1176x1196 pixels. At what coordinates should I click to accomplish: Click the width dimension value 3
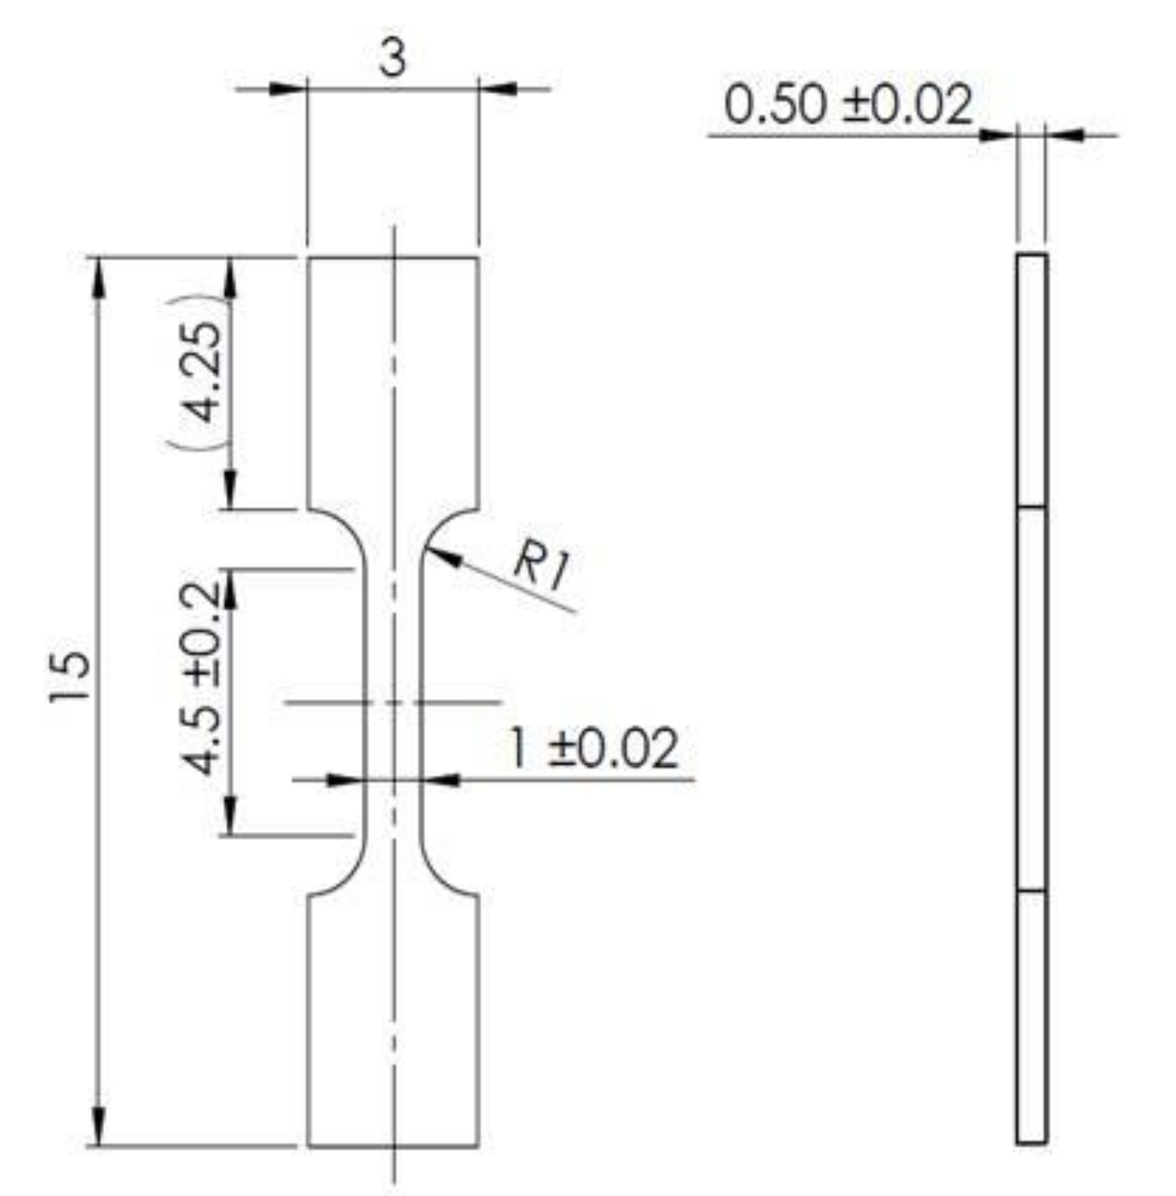tap(392, 58)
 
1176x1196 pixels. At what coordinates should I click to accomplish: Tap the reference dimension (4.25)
tap(203, 373)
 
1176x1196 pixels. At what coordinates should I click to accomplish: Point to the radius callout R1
tap(541, 565)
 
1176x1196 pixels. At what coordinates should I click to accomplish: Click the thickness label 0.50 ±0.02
tap(847, 105)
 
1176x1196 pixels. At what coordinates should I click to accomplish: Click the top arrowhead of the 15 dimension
tap(97, 273)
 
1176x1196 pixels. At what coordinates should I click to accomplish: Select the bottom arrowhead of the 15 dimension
tap(97, 1129)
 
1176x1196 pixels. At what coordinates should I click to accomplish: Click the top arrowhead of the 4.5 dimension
tap(230, 586)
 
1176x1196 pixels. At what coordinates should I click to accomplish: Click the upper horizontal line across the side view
tap(1031, 506)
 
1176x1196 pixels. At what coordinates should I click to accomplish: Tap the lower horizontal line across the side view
tap(1031, 891)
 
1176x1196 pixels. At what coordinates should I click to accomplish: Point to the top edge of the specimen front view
tap(393, 257)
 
